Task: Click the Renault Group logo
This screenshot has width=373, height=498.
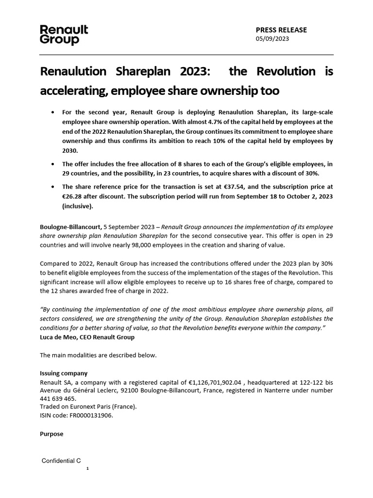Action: (64, 35)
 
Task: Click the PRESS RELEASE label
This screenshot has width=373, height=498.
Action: (281, 30)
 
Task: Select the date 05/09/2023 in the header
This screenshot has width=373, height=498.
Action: (272, 39)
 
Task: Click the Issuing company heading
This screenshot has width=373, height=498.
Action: (64, 373)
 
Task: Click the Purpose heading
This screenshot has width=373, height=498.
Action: (51, 434)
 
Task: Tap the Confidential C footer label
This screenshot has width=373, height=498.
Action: (61, 460)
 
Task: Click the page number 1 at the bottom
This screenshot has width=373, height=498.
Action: (87, 469)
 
